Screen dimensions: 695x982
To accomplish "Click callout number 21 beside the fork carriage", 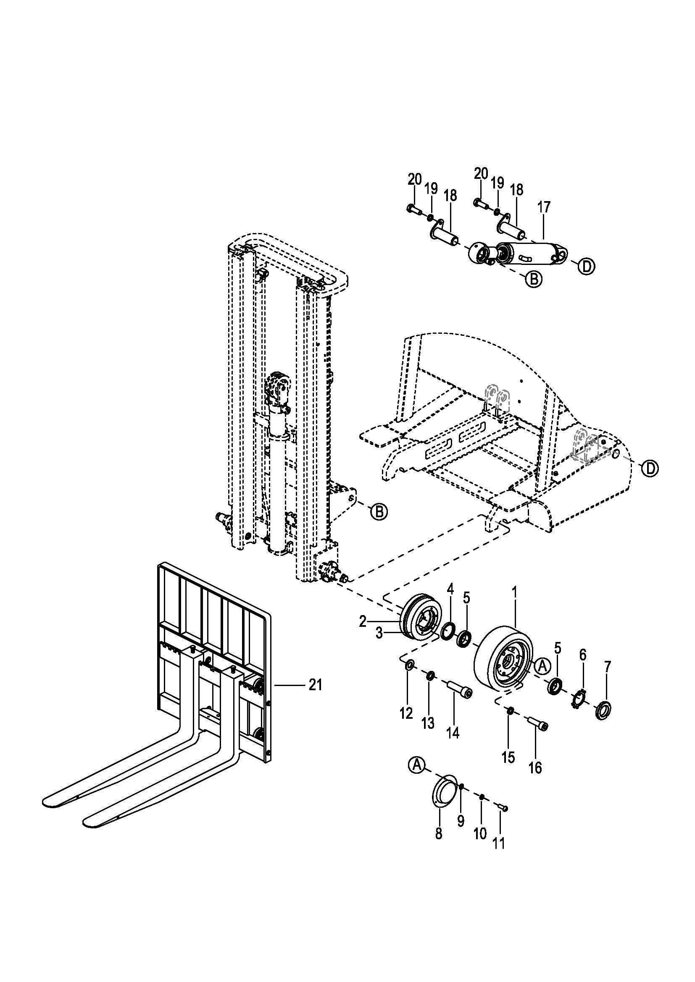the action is click(x=315, y=685).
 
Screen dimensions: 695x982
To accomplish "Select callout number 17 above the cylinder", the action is click(x=543, y=207).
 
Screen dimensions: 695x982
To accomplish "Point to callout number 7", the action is click(x=608, y=666).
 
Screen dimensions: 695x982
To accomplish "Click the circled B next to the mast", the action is click(x=379, y=511).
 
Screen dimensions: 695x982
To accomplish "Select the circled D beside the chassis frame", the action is click(x=650, y=469).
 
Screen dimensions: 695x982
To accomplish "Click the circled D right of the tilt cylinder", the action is click(x=586, y=267).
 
